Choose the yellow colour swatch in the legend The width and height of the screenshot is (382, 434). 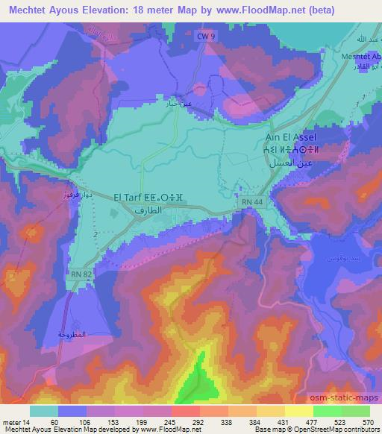298,410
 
